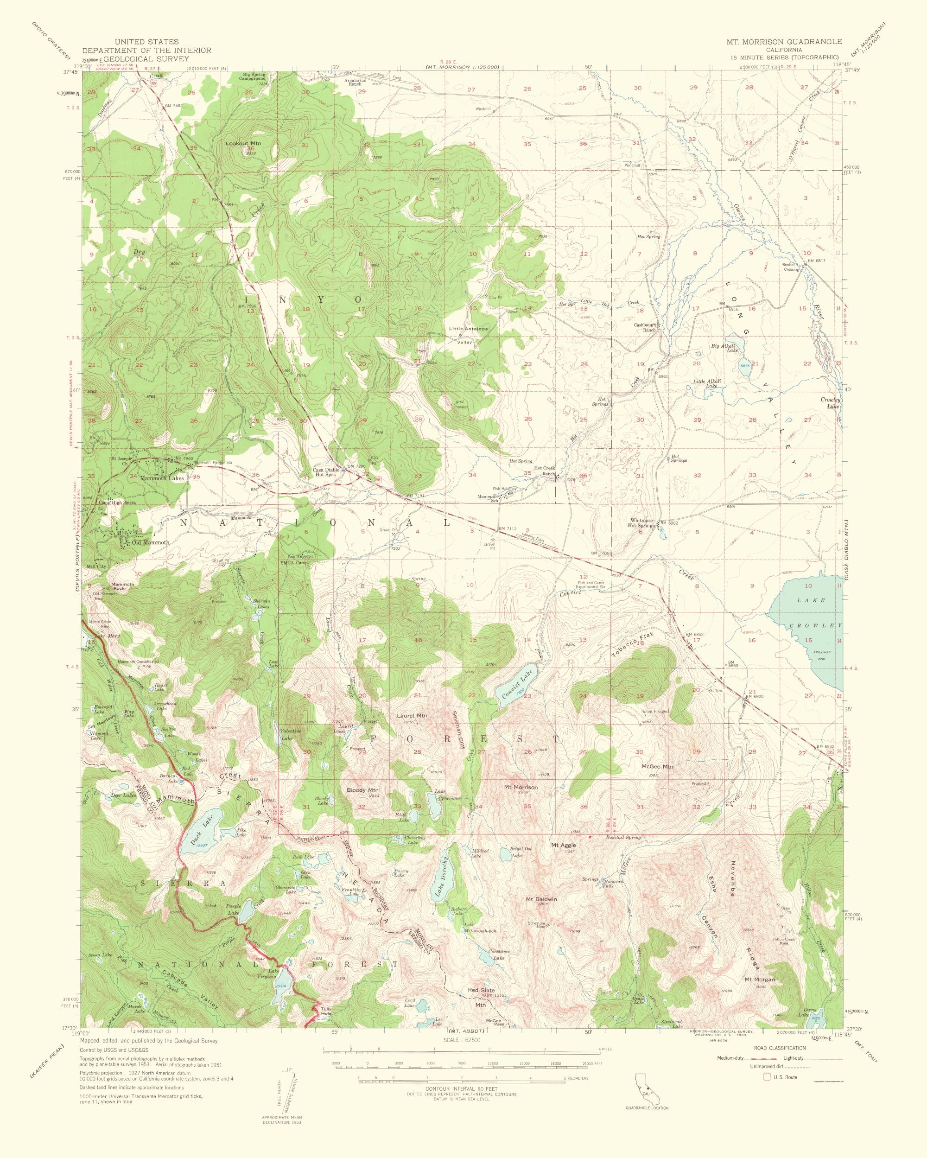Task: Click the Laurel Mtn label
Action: [412, 715]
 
